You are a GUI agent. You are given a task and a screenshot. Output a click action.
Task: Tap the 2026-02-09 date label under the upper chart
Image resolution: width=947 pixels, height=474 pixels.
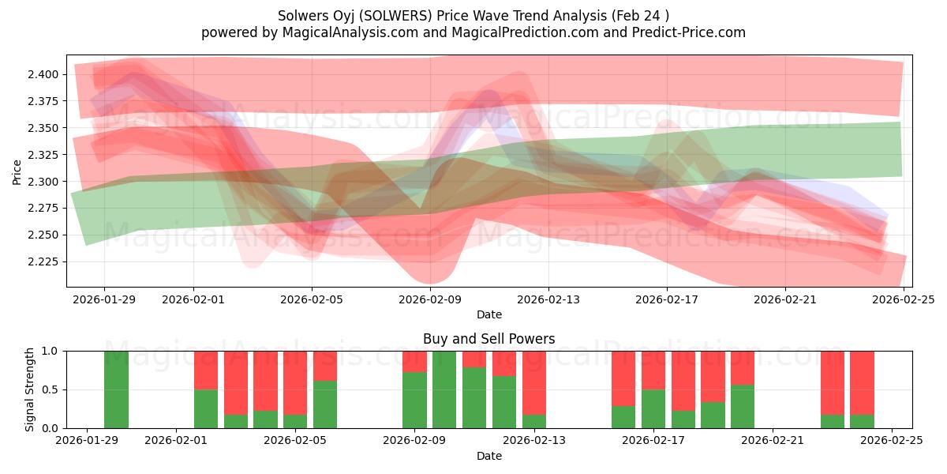[430, 299]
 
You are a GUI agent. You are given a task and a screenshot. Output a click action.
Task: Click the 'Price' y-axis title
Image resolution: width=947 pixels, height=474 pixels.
[17, 171]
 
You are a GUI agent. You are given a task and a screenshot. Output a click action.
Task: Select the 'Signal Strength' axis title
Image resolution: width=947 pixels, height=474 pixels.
[29, 389]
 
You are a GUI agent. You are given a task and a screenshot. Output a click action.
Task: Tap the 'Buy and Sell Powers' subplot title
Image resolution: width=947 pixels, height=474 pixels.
[488, 339]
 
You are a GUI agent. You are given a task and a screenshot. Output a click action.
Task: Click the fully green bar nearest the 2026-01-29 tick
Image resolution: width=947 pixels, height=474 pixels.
[116, 389]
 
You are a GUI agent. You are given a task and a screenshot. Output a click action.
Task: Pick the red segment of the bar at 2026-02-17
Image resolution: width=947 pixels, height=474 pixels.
[653, 370]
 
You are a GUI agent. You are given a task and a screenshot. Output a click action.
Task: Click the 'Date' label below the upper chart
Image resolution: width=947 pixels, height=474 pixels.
[488, 314]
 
